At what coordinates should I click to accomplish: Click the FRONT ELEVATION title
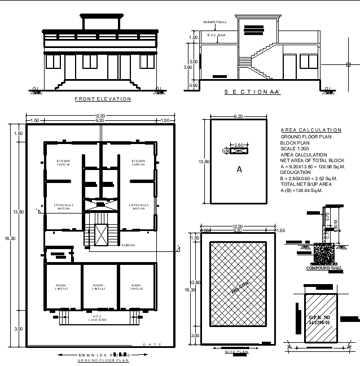click(103, 99)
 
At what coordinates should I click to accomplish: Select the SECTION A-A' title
click(252, 91)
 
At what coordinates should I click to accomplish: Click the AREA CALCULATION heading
click(311, 130)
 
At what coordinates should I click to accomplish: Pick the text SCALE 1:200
click(296, 149)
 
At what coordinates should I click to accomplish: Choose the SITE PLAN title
click(237, 351)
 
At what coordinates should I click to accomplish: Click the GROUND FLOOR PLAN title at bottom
click(103, 360)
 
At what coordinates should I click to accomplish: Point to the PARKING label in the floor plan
click(128, 246)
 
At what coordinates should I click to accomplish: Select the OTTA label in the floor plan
click(96, 316)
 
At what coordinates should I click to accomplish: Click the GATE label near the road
click(152, 344)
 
